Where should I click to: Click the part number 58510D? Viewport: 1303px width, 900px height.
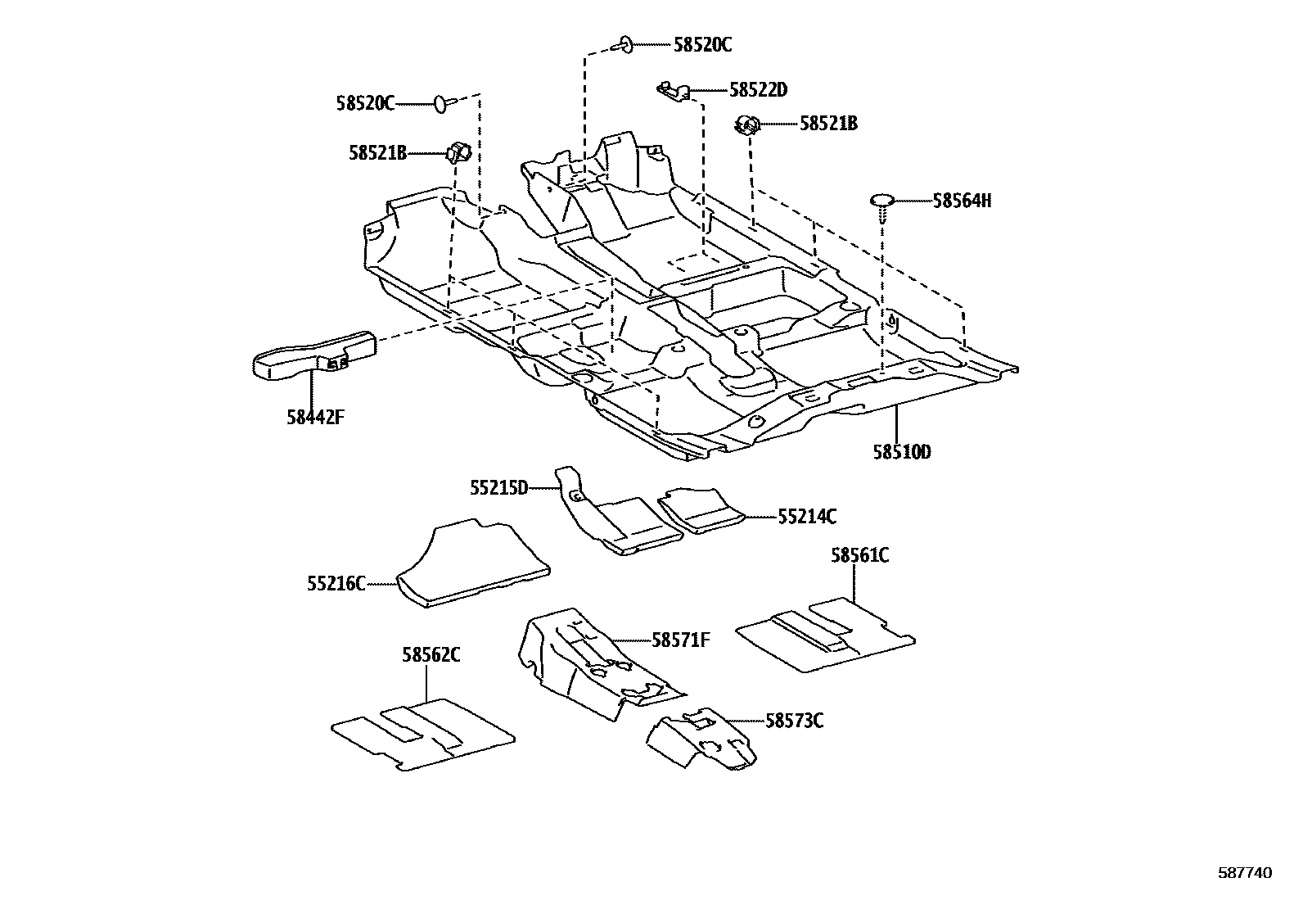point(901,452)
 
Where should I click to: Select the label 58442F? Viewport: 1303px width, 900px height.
point(315,417)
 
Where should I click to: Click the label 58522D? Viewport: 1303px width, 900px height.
point(758,90)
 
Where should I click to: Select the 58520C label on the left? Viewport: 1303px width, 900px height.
point(365,103)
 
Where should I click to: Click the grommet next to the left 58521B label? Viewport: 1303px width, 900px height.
point(457,152)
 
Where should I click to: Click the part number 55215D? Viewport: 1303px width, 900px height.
point(498,488)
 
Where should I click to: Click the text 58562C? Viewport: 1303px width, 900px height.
point(431,655)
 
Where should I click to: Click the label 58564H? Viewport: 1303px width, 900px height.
point(962,201)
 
